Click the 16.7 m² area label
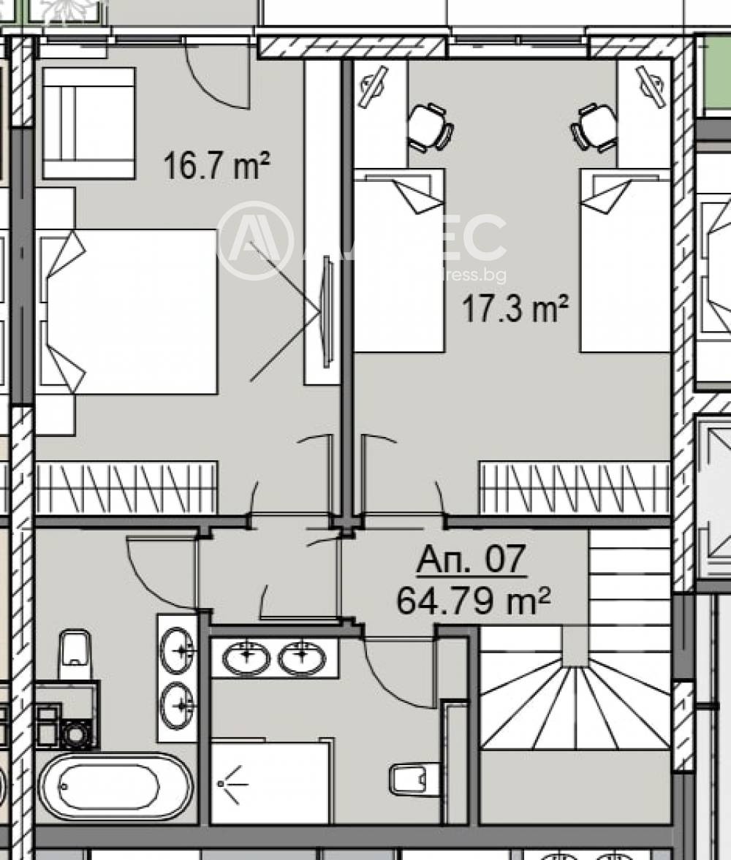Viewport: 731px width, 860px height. click(216, 165)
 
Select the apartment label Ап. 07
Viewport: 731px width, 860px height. click(471, 560)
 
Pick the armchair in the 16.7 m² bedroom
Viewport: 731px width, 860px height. click(88, 123)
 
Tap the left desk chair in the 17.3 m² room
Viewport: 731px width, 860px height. click(430, 127)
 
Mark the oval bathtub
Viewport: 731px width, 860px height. click(115, 787)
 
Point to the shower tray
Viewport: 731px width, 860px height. click(270, 783)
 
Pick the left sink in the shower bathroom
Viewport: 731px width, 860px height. click(246, 658)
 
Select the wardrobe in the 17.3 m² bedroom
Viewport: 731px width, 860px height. click(575, 487)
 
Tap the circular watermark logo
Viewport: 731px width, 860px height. click(255, 240)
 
